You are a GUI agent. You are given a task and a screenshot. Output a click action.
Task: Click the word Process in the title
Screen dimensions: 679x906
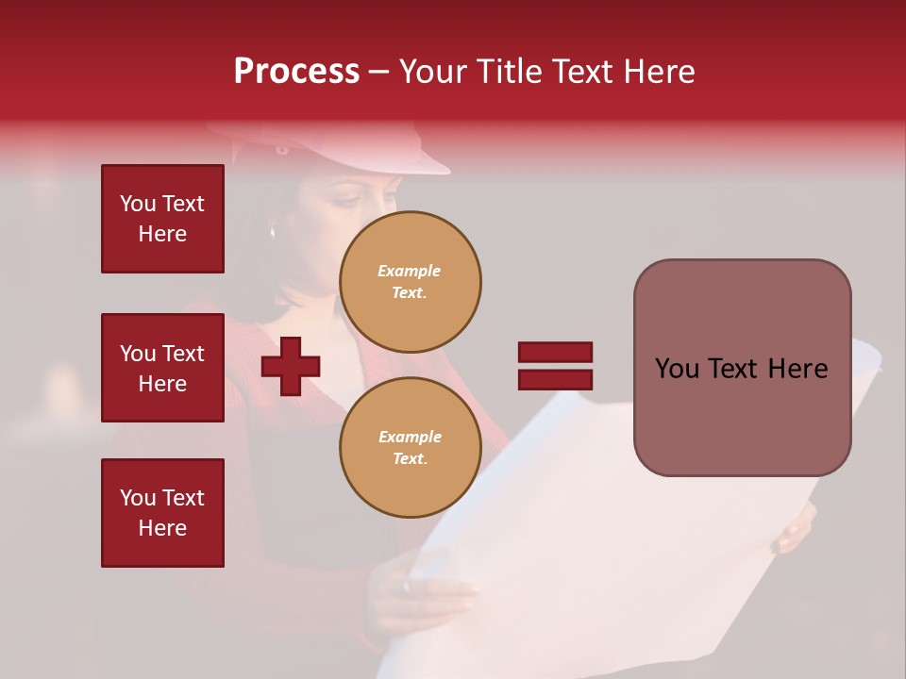coord(296,72)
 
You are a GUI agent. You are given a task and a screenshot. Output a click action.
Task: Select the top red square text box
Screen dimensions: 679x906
coord(162,219)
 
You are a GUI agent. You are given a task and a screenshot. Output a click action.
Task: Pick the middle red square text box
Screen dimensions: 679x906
coord(162,368)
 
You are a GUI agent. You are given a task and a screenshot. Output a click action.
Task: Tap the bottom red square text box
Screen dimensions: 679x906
coord(162,513)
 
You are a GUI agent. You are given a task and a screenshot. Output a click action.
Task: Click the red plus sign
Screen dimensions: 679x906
coord(291,367)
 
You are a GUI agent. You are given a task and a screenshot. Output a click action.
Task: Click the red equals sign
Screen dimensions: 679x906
coord(555,366)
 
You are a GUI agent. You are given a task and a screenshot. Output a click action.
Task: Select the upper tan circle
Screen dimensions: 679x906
coord(411,282)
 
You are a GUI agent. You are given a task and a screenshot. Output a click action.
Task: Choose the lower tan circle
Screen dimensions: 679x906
coord(411,448)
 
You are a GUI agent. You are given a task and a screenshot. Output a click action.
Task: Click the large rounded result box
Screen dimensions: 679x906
coord(742,368)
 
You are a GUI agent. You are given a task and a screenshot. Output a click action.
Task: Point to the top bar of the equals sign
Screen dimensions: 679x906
coord(555,353)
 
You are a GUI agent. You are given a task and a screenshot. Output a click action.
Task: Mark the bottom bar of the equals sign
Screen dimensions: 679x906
coord(555,380)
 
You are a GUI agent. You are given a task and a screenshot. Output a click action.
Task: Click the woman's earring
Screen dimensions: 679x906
coord(273,231)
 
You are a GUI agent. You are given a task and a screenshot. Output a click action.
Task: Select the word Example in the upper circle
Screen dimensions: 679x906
coord(410,271)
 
